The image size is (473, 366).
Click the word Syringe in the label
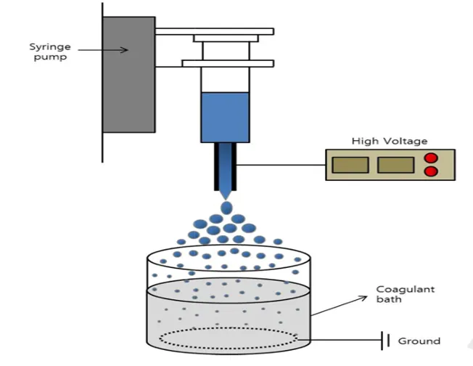(50, 47)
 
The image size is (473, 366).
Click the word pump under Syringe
(50, 57)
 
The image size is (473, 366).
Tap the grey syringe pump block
(129, 75)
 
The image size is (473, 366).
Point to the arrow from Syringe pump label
(103, 50)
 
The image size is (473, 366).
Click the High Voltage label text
(390, 141)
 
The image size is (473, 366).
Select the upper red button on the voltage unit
(431, 158)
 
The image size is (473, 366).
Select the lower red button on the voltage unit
(431, 171)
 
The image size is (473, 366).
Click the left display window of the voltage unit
(350, 165)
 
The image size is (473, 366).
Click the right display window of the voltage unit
(395, 165)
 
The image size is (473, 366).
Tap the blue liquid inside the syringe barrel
(226, 117)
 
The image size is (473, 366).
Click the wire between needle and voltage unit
(281, 165)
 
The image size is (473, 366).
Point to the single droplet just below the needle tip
(226, 208)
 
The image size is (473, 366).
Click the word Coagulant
(406, 290)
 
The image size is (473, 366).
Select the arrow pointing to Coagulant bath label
(339, 306)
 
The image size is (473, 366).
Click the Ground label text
(419, 341)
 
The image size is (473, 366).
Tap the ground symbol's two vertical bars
(385, 341)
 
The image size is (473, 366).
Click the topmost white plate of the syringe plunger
(215, 31)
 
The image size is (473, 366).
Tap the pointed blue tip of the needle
(226, 195)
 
